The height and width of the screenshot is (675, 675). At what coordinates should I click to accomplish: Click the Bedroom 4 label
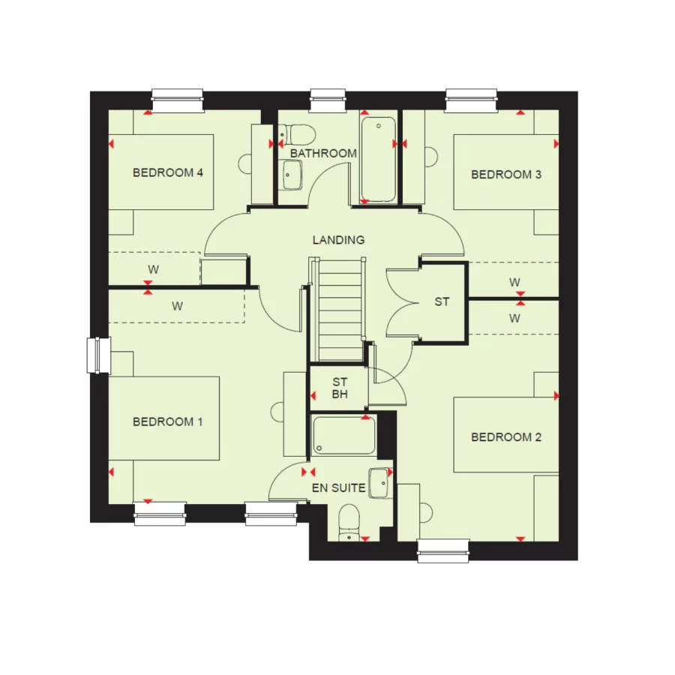click(168, 172)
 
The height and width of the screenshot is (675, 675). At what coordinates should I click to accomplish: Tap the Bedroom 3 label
click(506, 175)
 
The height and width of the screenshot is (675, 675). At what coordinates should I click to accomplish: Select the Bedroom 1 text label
click(168, 421)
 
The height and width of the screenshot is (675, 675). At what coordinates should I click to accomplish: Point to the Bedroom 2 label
click(506, 437)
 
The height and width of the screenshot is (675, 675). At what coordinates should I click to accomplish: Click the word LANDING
click(339, 240)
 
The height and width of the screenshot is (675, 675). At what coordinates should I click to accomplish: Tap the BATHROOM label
click(323, 153)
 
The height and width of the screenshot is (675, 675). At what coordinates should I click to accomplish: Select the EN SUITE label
click(339, 487)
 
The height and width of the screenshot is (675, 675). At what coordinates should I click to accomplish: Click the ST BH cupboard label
click(340, 388)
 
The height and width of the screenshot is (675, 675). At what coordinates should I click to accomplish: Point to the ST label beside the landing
click(442, 302)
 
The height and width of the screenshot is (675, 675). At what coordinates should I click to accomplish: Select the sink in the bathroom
click(291, 175)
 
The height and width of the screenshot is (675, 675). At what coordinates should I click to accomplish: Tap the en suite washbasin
click(381, 482)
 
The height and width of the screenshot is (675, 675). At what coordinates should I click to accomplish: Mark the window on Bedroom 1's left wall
click(98, 355)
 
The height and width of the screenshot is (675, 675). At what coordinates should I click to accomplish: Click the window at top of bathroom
click(328, 100)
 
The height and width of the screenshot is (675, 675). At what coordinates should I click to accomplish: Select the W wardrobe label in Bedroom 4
click(153, 268)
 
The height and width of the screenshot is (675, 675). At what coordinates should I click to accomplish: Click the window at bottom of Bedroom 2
click(442, 550)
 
